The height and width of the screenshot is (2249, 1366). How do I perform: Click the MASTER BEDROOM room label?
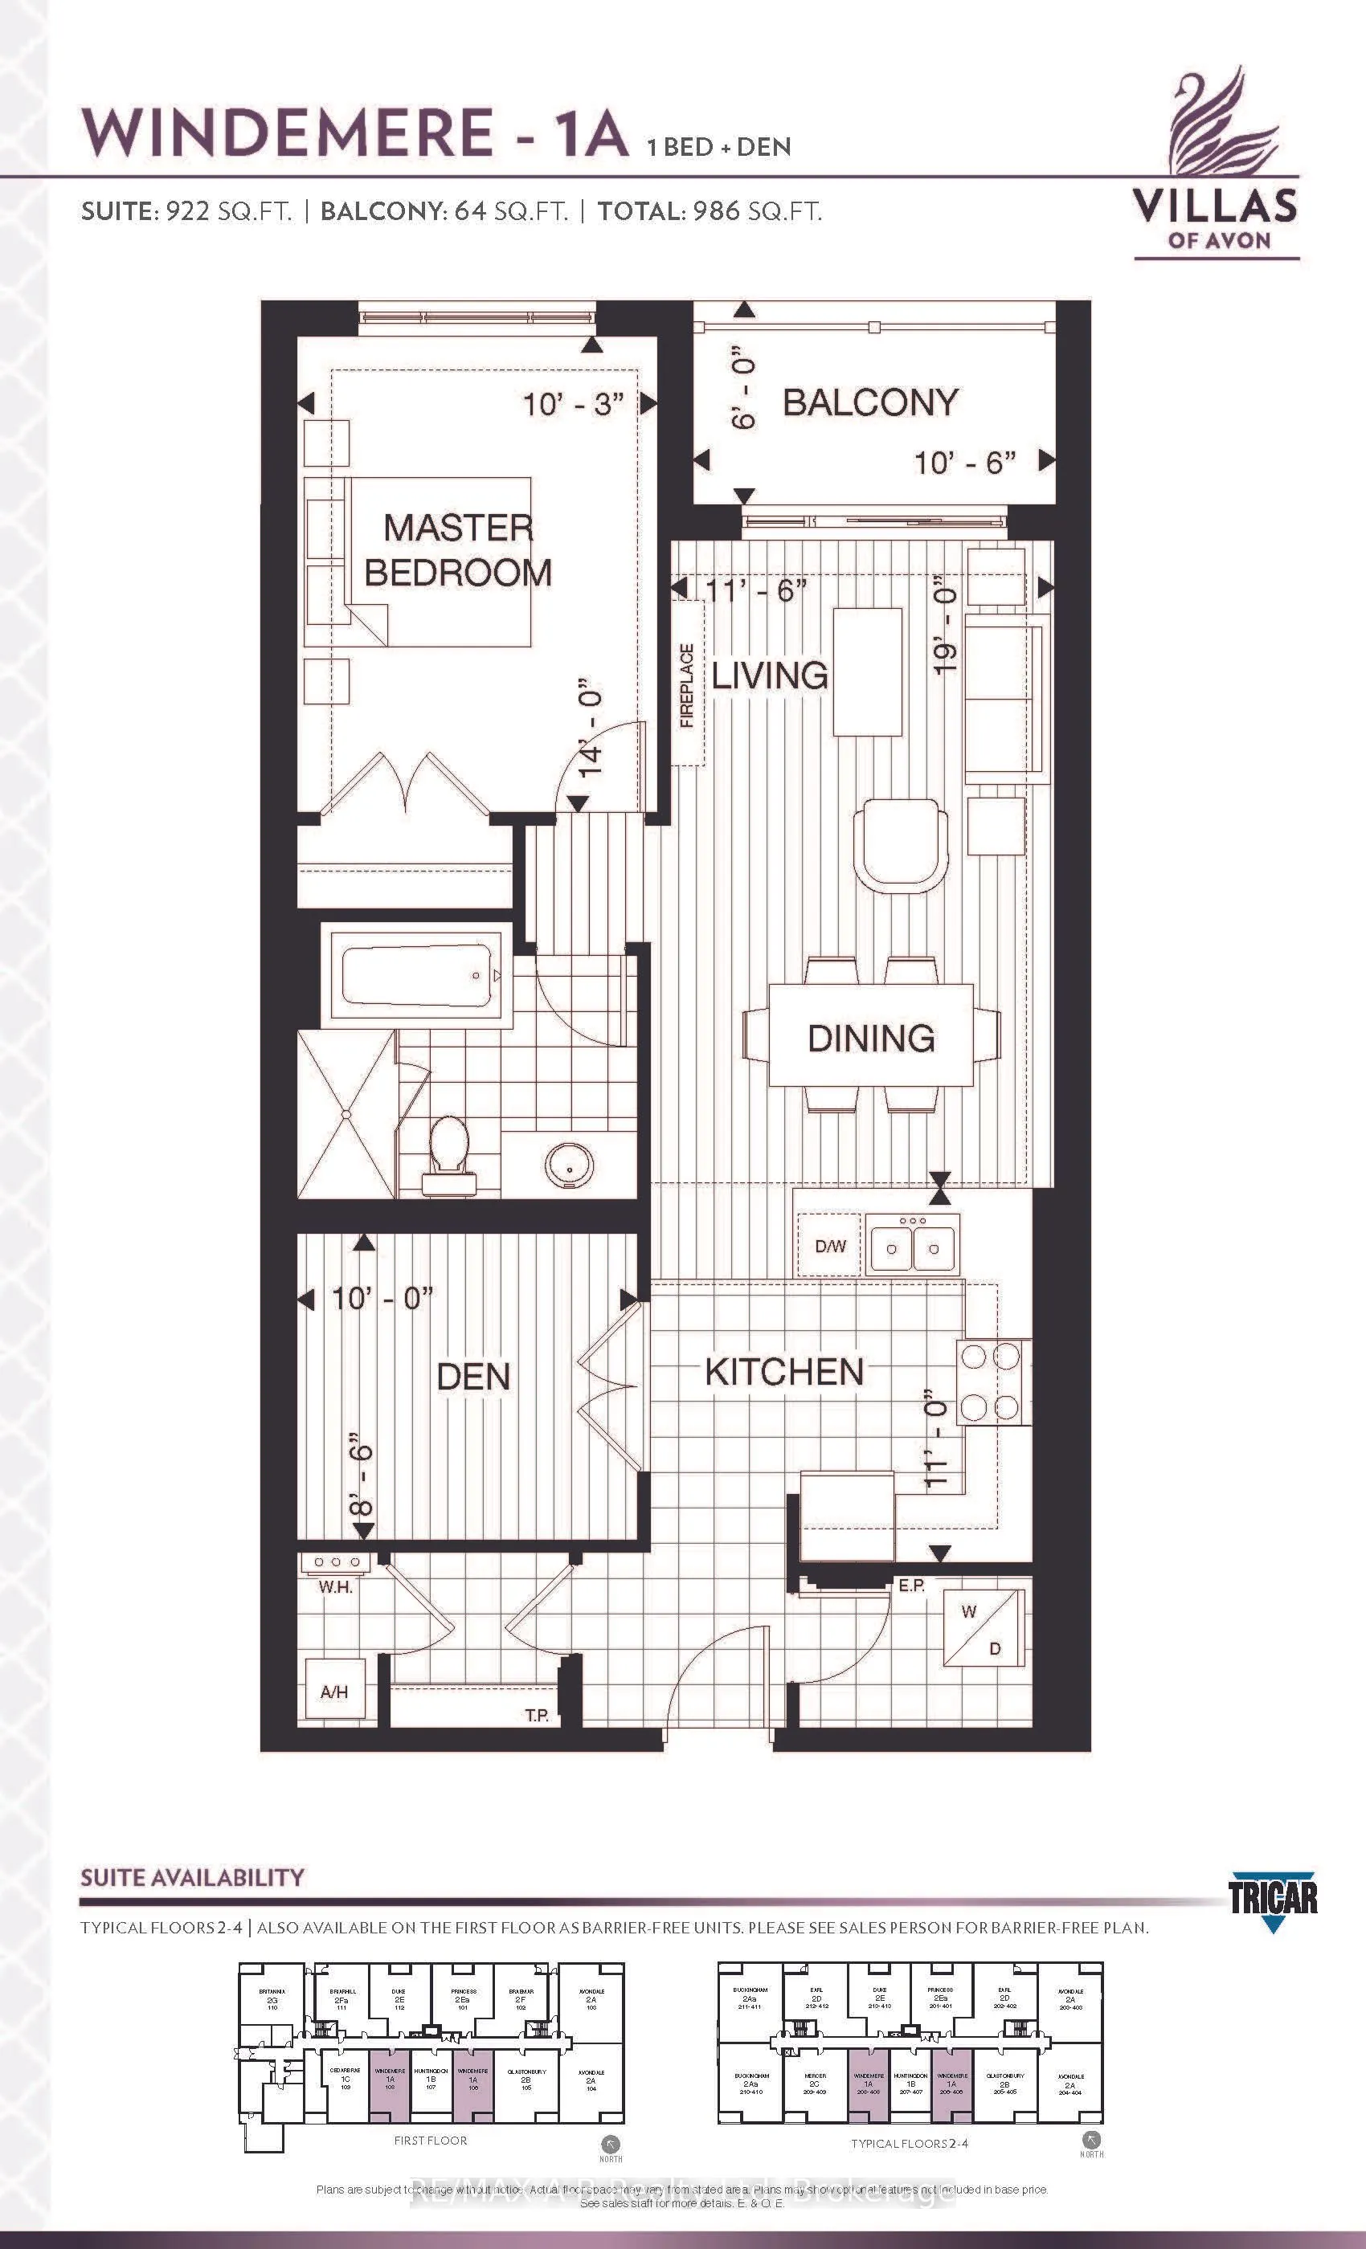point(457,549)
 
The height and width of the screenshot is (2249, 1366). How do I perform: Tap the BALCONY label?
point(870,402)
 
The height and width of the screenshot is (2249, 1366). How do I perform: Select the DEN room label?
point(473,1377)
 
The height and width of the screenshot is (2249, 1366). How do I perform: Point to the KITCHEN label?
point(783,1372)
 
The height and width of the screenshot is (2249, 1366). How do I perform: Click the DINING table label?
point(871,1038)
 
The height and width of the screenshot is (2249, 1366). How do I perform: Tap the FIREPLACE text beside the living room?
point(688,685)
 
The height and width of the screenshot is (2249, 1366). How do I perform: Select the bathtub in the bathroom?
point(416,976)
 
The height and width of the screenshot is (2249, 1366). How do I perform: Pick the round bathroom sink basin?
point(569,1166)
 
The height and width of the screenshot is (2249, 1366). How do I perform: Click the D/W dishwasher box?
point(830,1246)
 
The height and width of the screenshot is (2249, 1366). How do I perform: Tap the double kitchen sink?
point(912,1247)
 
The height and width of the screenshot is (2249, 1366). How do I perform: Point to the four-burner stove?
point(989,1382)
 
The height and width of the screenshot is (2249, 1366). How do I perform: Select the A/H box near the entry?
point(334,1692)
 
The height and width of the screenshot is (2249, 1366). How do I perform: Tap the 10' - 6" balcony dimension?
point(965,463)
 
